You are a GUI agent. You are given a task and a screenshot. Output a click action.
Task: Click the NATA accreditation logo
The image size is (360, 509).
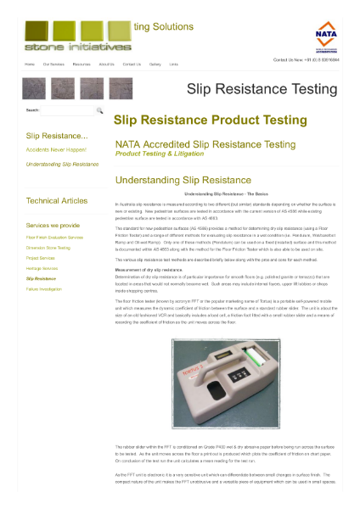(x=325, y=36)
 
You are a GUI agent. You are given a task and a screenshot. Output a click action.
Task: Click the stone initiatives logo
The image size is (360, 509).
(x=65, y=36)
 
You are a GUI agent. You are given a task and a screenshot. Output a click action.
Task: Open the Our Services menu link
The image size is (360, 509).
(x=53, y=64)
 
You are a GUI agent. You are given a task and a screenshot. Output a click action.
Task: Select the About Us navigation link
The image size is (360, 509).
(x=106, y=64)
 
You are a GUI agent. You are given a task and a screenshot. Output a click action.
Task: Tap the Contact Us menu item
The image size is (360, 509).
(x=132, y=64)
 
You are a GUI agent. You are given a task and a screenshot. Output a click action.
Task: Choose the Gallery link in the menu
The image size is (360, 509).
(x=155, y=64)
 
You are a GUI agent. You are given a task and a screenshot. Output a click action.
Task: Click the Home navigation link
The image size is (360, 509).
(x=30, y=64)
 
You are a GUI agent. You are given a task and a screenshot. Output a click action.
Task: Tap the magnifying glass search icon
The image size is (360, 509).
(x=99, y=110)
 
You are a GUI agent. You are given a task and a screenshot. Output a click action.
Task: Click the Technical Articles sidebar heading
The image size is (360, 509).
(x=57, y=201)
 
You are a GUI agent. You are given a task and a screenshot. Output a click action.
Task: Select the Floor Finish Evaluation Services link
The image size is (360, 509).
(x=54, y=238)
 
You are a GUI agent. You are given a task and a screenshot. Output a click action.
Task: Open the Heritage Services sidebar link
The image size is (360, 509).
(x=42, y=268)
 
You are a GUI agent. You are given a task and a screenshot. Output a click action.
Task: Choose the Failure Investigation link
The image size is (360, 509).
(x=44, y=288)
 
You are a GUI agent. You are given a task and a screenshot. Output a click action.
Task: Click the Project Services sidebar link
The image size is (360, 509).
(x=41, y=258)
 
